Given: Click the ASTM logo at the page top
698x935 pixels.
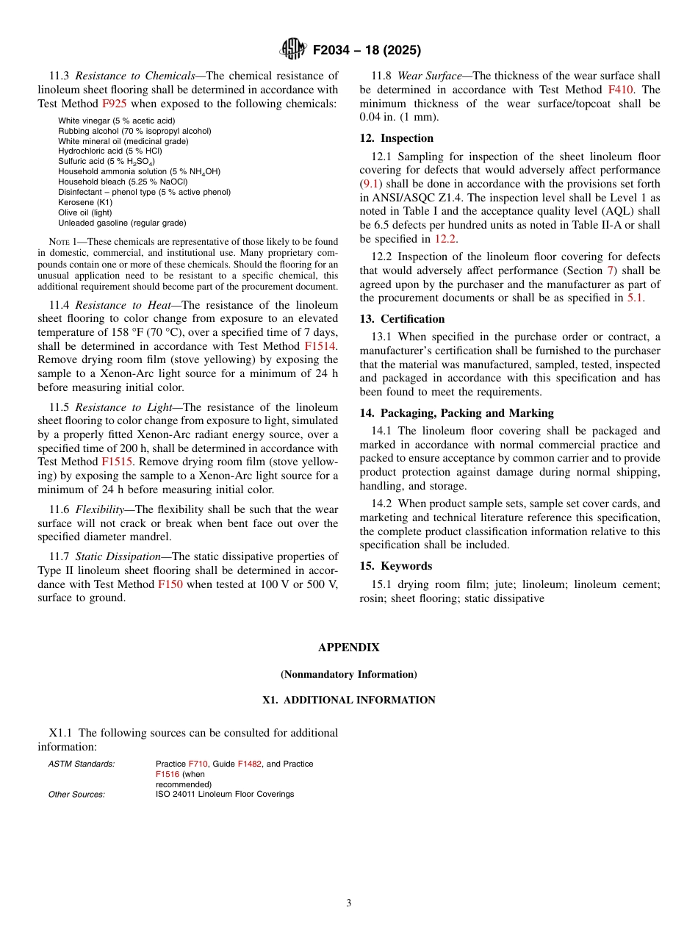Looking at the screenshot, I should [x=293, y=50].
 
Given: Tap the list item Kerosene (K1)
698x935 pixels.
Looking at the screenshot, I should [x=85, y=202].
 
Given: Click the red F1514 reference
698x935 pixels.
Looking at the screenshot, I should [x=321, y=346].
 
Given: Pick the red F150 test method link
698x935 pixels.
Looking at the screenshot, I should [x=170, y=584].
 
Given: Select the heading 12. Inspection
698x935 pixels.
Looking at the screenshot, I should [x=396, y=138].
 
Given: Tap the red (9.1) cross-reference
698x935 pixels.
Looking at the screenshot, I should [x=371, y=184].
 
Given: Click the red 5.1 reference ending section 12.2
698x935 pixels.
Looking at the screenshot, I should [x=634, y=298].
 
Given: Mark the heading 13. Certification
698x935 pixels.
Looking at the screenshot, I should [x=402, y=319].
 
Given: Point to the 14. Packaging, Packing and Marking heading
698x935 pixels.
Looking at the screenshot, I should [x=456, y=413].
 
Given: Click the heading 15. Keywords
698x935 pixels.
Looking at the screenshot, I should [x=395, y=566].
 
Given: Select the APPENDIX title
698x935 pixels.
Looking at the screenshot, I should [x=348, y=648].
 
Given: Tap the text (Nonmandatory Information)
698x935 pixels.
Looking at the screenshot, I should [x=348, y=674].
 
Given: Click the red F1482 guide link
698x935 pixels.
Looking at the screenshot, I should [x=249, y=764].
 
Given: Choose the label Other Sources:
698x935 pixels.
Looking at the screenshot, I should [x=76, y=794].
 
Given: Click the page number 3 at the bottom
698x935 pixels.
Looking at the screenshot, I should [x=348, y=903].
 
